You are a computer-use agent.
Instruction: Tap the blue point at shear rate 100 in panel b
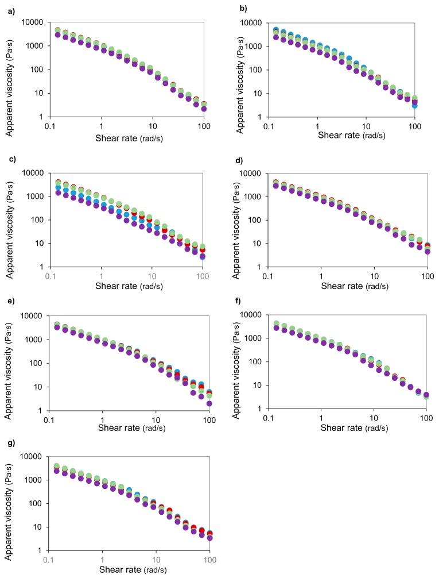tap(414, 105)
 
